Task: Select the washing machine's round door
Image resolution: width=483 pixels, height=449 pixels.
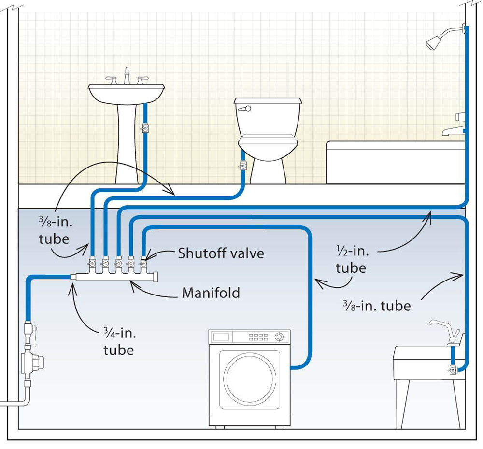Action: click(249, 378)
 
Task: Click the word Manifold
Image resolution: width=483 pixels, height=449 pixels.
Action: click(211, 293)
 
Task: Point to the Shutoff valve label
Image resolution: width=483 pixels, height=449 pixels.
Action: click(221, 253)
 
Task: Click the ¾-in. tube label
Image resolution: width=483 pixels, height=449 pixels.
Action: click(118, 341)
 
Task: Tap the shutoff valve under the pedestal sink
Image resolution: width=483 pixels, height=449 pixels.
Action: click(144, 128)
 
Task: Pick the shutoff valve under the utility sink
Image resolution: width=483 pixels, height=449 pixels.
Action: click(453, 370)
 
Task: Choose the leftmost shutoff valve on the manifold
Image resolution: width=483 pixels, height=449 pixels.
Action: click(91, 264)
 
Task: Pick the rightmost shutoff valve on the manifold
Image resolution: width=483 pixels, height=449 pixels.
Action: click(143, 264)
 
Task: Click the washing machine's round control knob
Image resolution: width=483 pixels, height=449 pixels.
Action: click(279, 336)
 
